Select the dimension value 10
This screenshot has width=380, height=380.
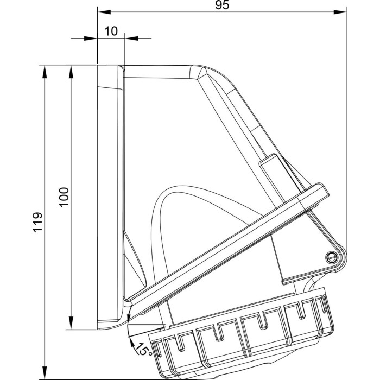pyautogui.click(x=111, y=31)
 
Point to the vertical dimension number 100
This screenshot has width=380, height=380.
pyautogui.click(x=64, y=197)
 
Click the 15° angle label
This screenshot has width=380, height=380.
pyautogui.click(x=143, y=349)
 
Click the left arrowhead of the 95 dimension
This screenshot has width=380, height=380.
pyautogui.click(x=102, y=11)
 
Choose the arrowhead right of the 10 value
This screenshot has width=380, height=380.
pyautogui.click(x=130, y=39)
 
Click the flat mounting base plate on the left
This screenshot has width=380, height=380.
pyautogui.click(x=110, y=195)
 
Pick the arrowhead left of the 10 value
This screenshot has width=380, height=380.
pyautogui.click(x=92, y=39)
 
